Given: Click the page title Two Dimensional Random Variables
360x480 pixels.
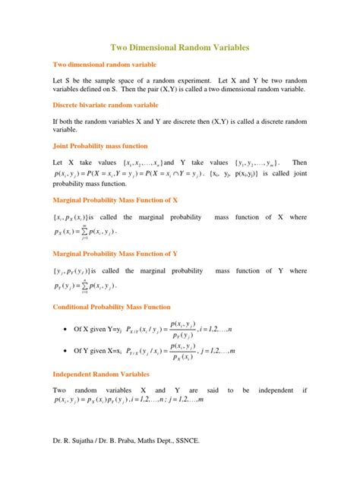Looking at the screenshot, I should click(x=180, y=47).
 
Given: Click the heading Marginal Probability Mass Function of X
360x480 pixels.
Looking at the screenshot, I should click(x=114, y=201).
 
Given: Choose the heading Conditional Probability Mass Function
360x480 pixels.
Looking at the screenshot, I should click(x=111, y=307).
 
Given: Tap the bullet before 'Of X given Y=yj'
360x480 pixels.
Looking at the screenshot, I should click(x=76, y=330).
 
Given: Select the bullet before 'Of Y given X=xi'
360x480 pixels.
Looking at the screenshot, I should click(x=76, y=352).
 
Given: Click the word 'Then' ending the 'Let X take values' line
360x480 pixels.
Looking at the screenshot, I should click(x=299, y=163).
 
